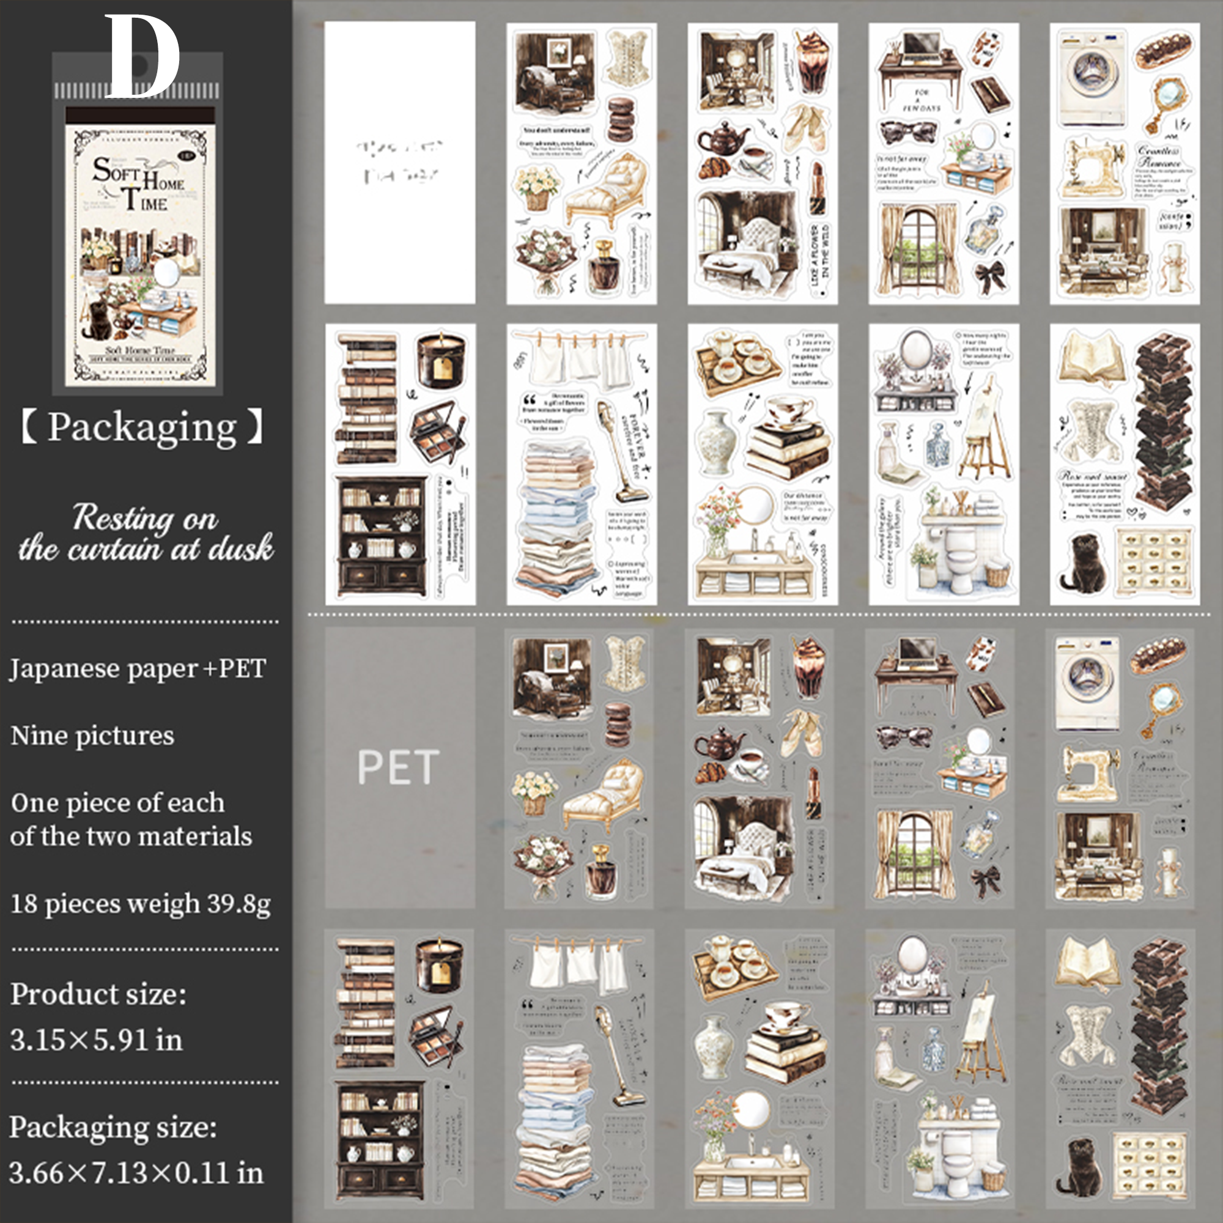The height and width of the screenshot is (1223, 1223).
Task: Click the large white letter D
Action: [x=142, y=57]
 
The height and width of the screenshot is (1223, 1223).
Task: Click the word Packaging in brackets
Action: [x=142, y=427]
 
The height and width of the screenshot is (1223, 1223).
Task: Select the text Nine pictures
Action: [x=92, y=736]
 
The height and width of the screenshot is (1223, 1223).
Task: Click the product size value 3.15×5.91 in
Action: [x=96, y=1040]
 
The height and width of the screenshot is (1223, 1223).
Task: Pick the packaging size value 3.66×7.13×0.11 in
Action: [x=136, y=1172]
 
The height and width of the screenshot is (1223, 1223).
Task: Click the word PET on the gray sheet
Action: [x=398, y=767]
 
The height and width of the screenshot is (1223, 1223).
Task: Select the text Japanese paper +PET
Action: [x=138, y=668]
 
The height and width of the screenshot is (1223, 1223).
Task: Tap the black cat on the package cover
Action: [x=98, y=320]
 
